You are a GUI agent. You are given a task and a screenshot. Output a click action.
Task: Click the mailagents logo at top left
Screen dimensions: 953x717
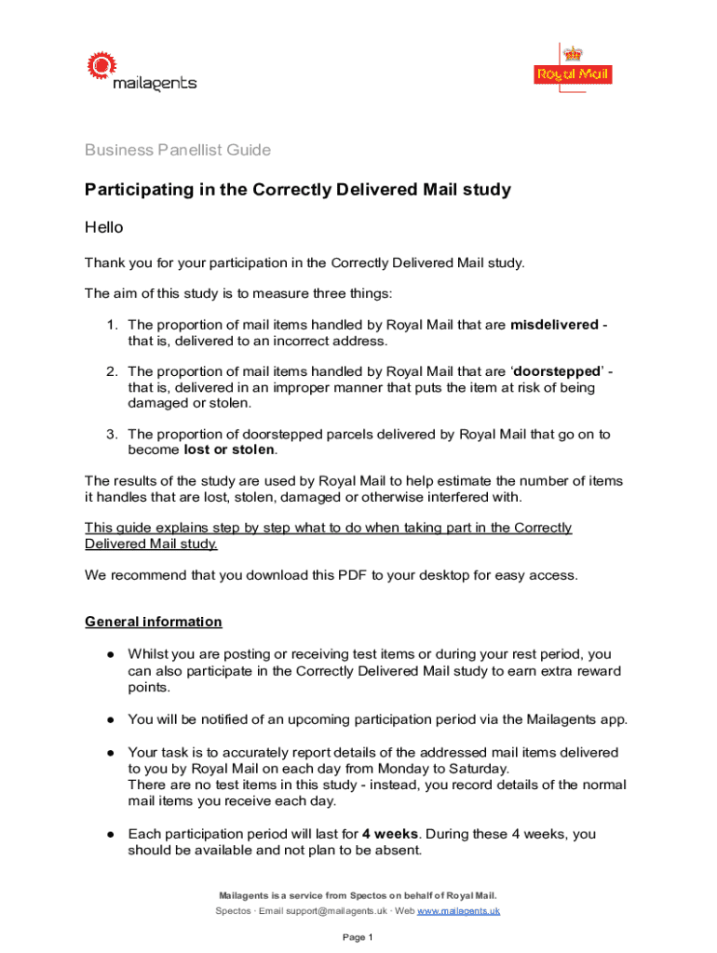point(142,73)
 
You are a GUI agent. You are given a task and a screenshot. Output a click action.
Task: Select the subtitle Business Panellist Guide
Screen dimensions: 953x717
point(178,150)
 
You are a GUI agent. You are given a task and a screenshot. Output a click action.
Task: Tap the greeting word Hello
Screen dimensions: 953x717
point(104,227)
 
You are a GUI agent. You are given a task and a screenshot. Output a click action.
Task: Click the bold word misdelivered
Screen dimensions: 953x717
point(555,325)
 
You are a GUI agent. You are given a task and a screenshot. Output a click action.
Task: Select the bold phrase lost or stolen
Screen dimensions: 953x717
point(229,450)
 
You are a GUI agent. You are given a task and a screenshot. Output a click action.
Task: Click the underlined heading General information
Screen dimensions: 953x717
point(154,622)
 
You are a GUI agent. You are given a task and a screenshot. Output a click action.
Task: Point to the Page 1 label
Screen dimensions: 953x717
point(358,937)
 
